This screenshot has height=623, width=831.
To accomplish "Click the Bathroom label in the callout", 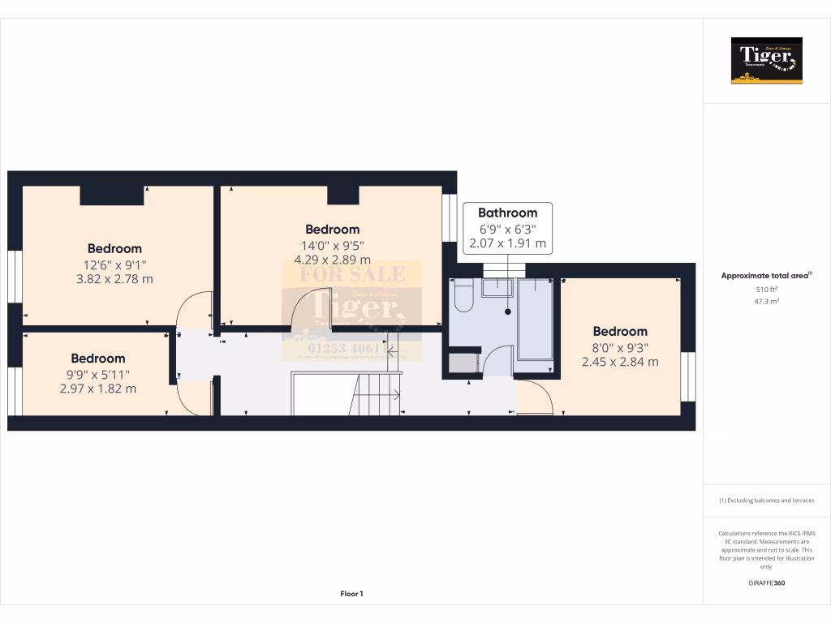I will coord(507,213).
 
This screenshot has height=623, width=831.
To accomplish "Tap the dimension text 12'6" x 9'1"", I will coord(115,264).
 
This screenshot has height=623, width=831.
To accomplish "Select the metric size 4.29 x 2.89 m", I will coord(332,260).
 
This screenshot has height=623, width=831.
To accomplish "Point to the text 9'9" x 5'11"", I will coord(98,374).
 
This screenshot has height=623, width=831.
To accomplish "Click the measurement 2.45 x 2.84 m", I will coord(620,362).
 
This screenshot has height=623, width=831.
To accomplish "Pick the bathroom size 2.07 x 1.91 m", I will coord(507,243).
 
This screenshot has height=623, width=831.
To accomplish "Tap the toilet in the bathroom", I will coord(464,297).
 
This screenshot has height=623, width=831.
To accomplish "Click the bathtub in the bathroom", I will coord(536,319).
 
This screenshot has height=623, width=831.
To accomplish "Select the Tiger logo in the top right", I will coord(766,61).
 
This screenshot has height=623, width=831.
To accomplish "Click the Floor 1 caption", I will coord(351,594).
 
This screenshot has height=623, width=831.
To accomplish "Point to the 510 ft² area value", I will coord(766,289).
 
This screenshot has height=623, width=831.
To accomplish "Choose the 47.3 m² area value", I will coord(766,300).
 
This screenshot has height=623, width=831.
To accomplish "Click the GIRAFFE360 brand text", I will coord(766,582).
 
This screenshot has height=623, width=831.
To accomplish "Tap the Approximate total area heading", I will coord(765,276).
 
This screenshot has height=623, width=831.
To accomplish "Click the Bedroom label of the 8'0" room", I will coord(620,331).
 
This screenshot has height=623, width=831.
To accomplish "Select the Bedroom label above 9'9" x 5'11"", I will coord(98,358).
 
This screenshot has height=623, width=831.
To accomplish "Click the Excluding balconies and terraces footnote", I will coord(766,501).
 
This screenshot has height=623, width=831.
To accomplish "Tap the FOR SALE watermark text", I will coord(351,275).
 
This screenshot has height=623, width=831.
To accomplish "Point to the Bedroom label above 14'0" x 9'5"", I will coord(332,230).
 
